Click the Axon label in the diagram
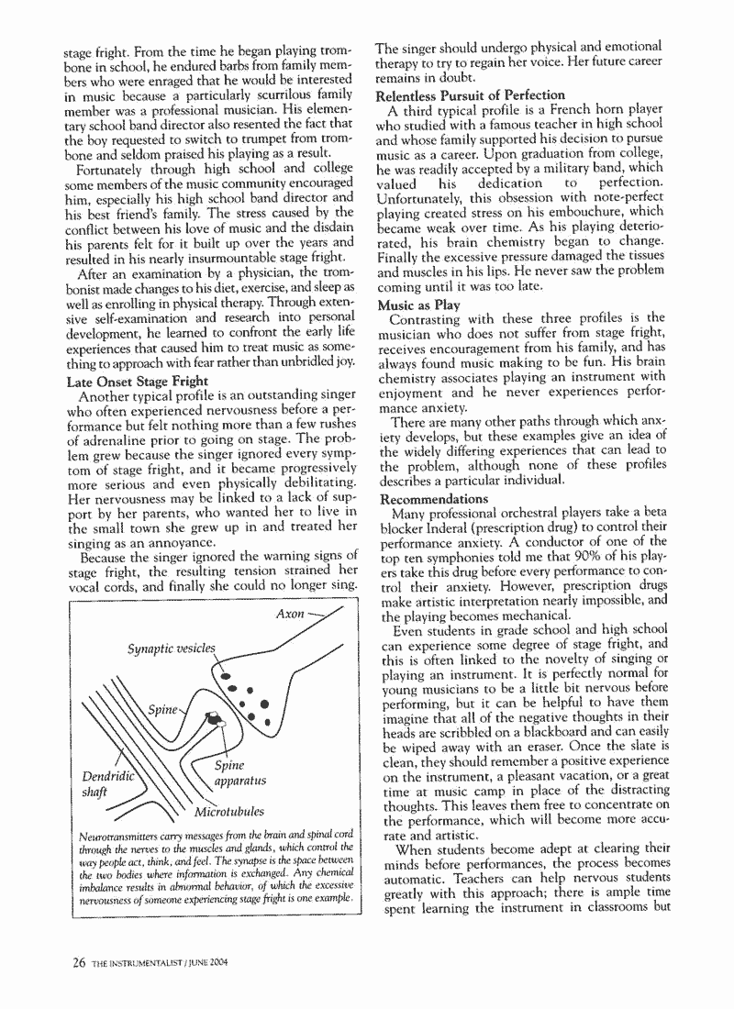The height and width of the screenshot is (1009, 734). click(291, 614)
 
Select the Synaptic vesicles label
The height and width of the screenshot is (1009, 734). click(171, 649)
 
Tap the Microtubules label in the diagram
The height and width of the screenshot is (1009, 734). click(228, 812)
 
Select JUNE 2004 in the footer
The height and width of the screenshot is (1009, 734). click(220, 962)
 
